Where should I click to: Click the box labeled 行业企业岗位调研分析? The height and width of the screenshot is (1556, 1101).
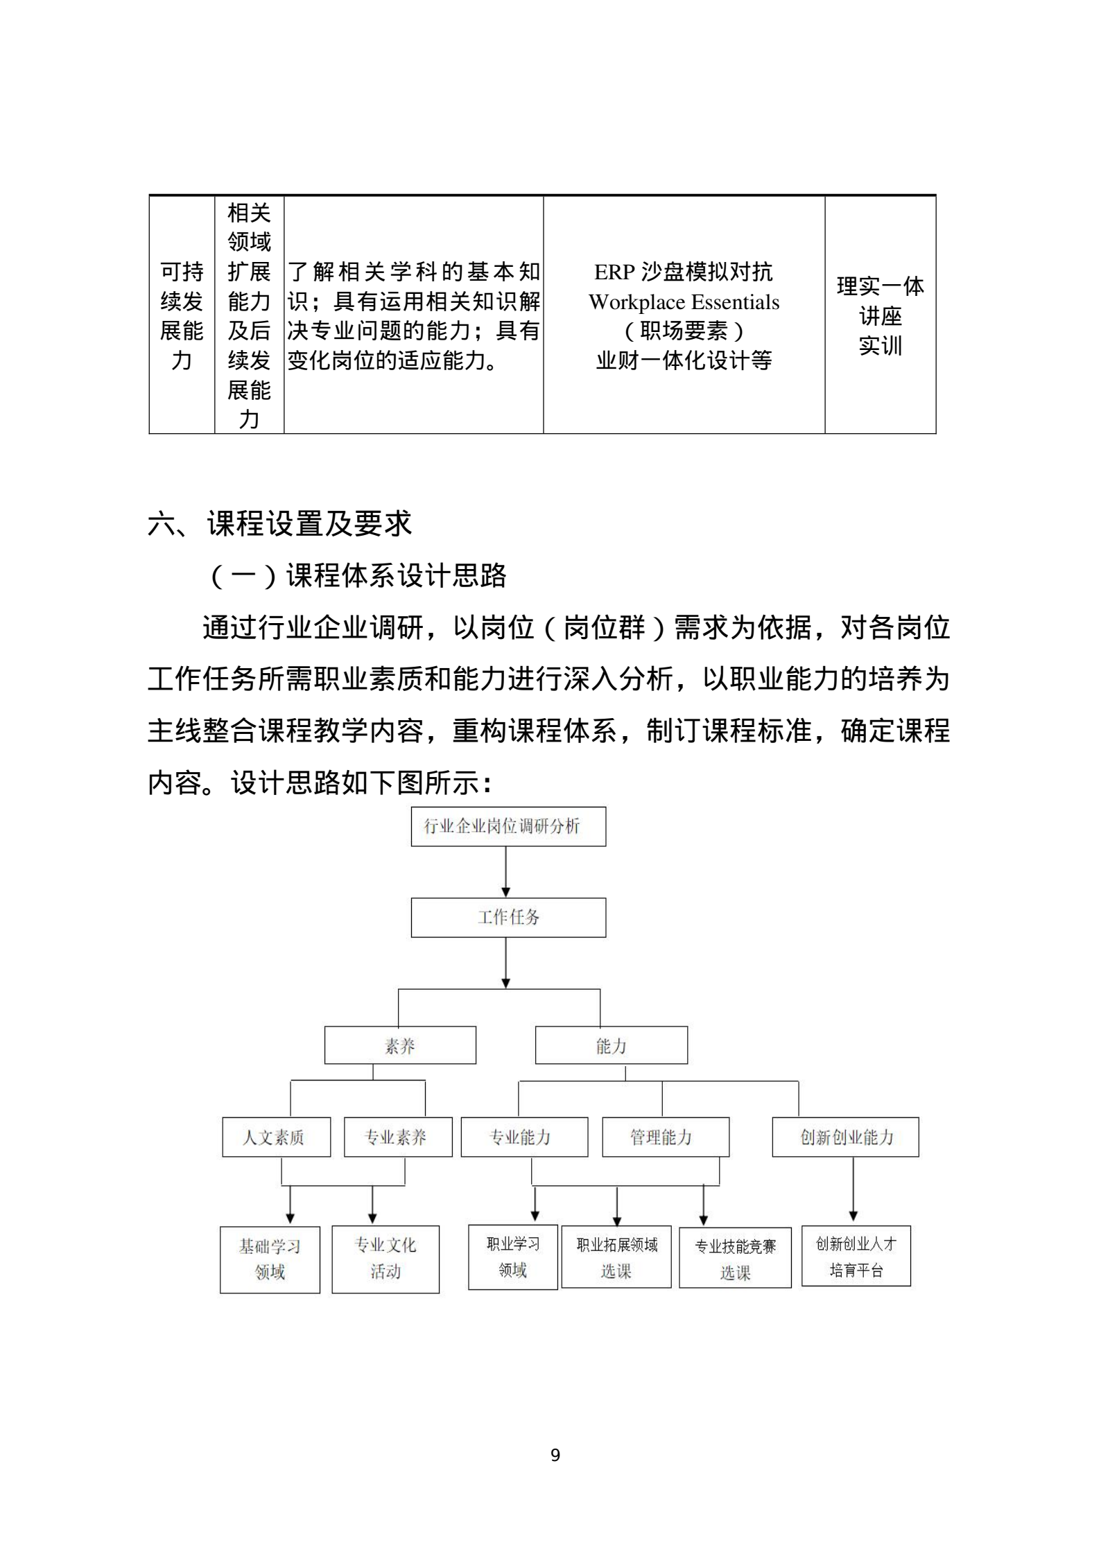point(508,825)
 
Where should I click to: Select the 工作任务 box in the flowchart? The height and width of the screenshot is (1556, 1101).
point(508,917)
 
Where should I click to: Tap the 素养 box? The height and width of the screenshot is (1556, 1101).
point(400,1044)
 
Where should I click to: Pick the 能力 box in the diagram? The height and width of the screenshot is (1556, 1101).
point(611,1044)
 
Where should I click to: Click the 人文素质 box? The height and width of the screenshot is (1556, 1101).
point(276,1137)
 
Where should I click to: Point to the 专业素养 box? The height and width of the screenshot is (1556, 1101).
point(397,1137)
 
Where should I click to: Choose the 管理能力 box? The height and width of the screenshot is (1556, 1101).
point(665,1137)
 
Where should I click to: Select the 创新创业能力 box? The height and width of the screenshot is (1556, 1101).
point(845,1137)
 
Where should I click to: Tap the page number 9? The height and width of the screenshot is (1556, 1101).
point(555,1455)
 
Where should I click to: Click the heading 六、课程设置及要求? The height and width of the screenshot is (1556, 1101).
point(280,523)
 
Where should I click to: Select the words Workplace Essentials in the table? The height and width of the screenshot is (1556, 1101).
point(684,302)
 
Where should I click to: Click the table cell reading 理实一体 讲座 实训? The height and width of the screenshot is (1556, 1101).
point(880,315)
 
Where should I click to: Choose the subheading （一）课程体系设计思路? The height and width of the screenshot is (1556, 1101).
point(359,575)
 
